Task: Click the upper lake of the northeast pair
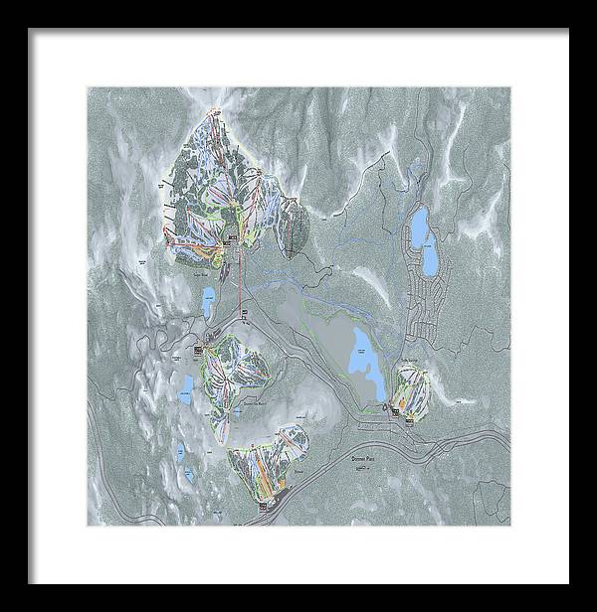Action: point(421,225)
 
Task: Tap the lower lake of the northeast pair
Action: point(431,261)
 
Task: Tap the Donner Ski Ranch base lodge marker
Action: point(204,348)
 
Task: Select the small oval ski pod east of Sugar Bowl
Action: point(293,226)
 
